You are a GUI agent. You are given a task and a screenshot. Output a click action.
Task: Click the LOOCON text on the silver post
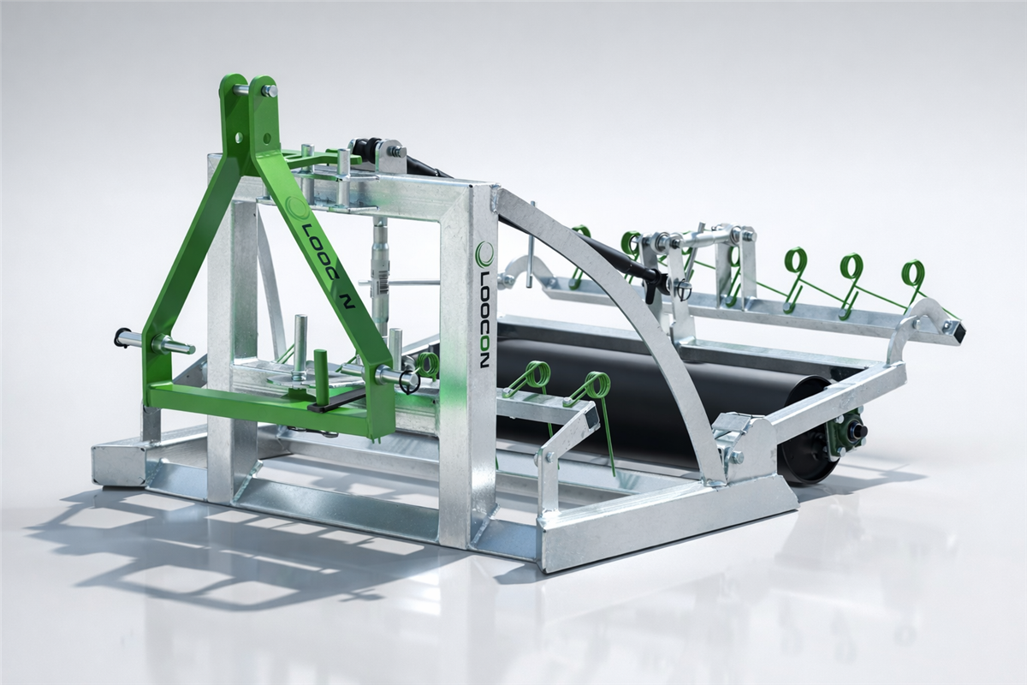[x=484, y=318]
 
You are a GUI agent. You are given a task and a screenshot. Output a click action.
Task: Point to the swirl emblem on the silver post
[x=484, y=253]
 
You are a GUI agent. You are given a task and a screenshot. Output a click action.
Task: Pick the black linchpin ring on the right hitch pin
[x=408, y=382]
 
